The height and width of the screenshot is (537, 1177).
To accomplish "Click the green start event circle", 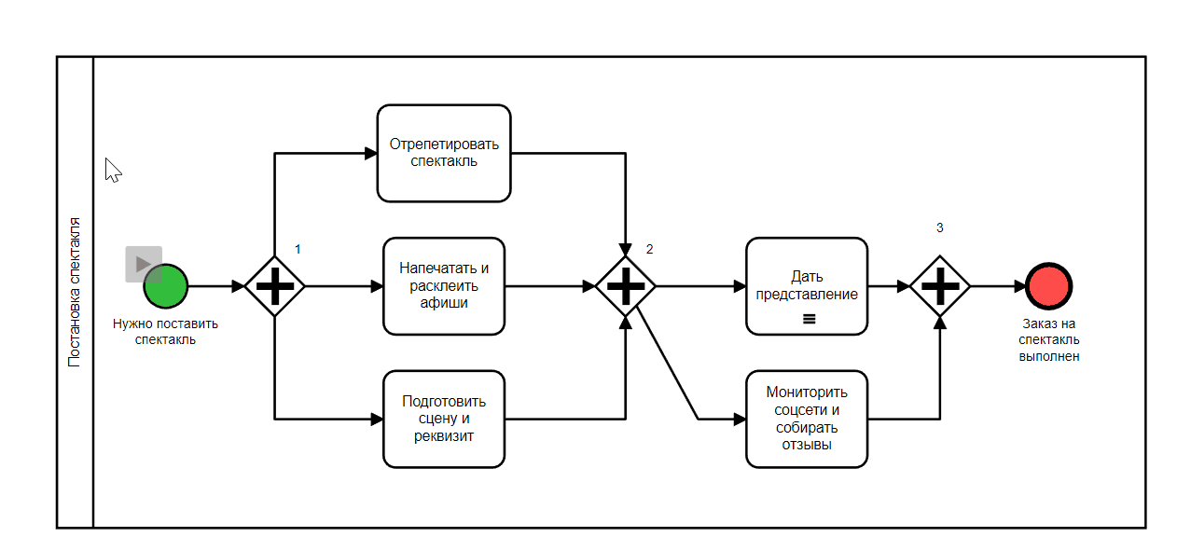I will (167, 286).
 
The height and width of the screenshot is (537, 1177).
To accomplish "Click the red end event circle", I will (1048, 286).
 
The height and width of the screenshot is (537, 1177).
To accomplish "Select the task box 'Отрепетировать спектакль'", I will (444, 153).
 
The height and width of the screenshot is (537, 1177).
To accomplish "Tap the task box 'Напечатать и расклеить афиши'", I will (444, 285).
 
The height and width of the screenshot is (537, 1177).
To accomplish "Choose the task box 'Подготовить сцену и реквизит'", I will (444, 419).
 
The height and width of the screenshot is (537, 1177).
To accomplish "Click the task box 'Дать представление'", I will (807, 285).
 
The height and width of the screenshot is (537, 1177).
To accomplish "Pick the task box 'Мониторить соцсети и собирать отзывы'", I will (807, 419).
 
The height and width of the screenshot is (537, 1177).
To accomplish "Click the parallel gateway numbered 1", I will (275, 286).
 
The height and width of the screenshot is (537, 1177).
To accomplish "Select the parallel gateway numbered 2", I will (626, 286).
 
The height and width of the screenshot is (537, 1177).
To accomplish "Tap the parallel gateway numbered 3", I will (940, 286).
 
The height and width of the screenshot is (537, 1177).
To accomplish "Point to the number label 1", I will (298, 249).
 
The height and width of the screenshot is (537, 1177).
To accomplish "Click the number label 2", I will (649, 249).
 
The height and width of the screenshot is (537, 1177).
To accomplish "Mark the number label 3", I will (939, 227).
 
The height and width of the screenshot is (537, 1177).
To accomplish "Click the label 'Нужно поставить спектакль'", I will (165, 332).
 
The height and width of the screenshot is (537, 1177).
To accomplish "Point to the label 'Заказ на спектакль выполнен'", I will (1049, 340).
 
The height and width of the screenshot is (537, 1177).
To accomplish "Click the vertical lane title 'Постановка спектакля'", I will (75, 292).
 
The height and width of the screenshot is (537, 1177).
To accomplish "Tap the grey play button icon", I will (144, 264).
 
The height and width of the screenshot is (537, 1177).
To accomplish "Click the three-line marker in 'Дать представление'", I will (809, 319).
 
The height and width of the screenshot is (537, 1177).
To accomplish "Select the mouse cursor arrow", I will (113, 170).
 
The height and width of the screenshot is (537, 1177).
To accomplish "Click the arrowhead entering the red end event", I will (1019, 286).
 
